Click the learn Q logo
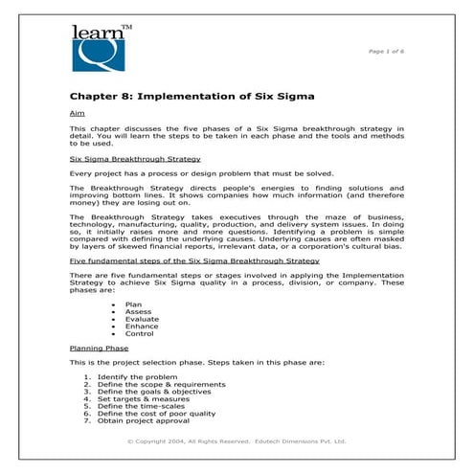102,49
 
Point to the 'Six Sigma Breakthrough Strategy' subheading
135,159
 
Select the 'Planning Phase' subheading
99,349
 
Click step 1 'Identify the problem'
136,377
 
